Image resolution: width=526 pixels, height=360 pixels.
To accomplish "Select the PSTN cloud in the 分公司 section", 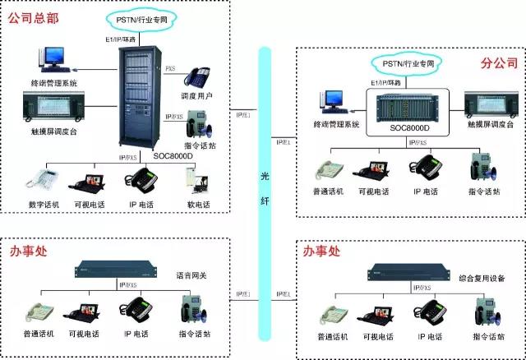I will [403, 62].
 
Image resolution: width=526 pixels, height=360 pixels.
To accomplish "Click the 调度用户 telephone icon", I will [197, 77].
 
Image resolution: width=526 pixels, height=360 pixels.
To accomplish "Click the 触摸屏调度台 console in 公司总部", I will [55, 106].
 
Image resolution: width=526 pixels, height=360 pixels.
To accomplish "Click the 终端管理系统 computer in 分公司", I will [335, 100].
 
